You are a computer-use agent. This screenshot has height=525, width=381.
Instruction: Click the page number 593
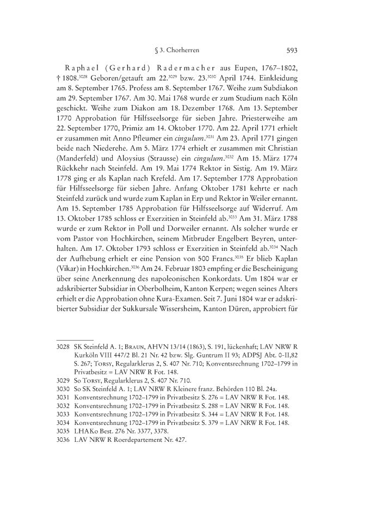[x=291, y=51]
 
